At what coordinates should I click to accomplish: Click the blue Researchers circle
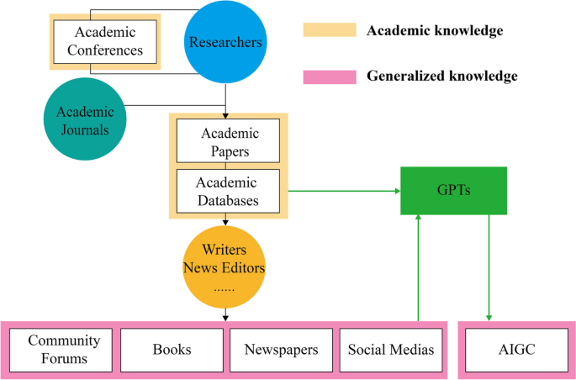[x=225, y=42]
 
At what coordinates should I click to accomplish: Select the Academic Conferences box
[x=104, y=41]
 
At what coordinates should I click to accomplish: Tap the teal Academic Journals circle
[x=83, y=120]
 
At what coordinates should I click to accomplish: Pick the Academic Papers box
[x=229, y=142]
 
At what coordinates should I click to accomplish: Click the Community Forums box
[x=63, y=349]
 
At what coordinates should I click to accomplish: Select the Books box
[x=172, y=349]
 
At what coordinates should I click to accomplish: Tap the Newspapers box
[x=281, y=349]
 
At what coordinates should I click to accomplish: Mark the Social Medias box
[x=391, y=349]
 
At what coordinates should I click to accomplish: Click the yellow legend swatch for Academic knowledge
[x=328, y=30]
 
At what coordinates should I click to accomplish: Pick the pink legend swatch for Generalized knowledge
[x=328, y=76]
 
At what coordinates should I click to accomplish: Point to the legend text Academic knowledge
[x=435, y=31]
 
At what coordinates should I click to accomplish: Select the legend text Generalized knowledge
[x=441, y=76]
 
